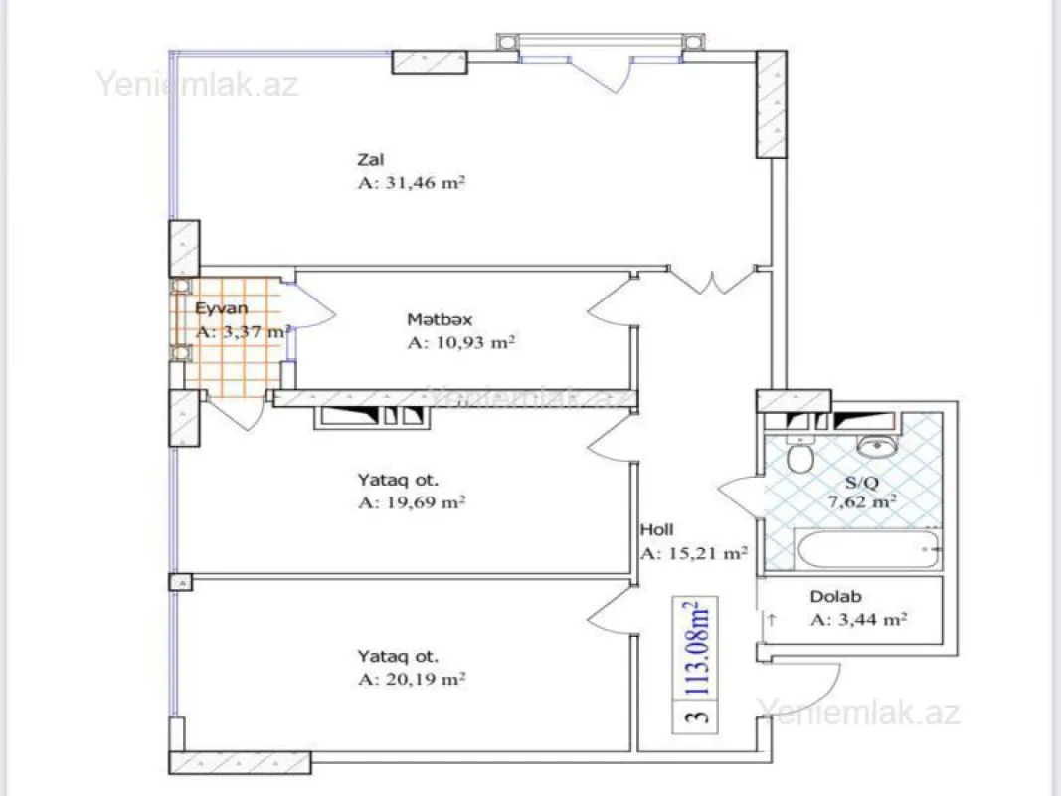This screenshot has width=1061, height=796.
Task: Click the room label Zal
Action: click(x=371, y=159)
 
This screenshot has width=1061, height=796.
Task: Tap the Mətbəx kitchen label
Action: click(x=439, y=319)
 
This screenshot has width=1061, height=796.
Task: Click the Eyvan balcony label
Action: click(x=221, y=308)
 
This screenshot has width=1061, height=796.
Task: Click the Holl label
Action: click(x=656, y=530)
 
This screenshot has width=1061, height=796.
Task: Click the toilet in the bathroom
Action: click(x=797, y=458)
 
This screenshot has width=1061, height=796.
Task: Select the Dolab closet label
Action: click(x=835, y=597)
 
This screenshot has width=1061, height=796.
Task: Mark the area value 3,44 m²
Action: click(x=857, y=620)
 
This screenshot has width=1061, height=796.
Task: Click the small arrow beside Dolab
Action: click(x=771, y=619)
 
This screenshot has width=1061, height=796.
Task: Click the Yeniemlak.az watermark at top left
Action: click(x=197, y=83)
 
